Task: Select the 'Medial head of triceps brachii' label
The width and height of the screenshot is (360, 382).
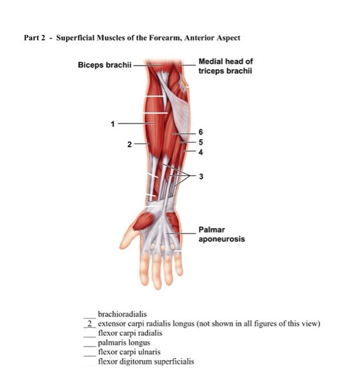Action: click(x=225, y=66)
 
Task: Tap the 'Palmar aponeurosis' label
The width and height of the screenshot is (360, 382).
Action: click(x=221, y=235)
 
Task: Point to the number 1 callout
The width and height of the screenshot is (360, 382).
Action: click(x=113, y=124)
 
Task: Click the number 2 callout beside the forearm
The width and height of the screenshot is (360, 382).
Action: click(x=129, y=144)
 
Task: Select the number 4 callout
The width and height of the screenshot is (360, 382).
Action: click(x=201, y=152)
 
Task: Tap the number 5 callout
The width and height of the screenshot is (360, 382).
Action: click(x=201, y=142)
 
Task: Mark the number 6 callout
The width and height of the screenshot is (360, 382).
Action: click(x=201, y=132)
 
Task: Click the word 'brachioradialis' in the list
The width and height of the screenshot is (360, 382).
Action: click(x=122, y=314)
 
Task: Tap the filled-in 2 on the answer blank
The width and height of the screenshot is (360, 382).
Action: click(x=88, y=324)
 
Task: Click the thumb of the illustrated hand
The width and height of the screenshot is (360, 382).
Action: click(x=129, y=235)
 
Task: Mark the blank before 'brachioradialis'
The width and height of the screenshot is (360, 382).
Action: click(x=88, y=314)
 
